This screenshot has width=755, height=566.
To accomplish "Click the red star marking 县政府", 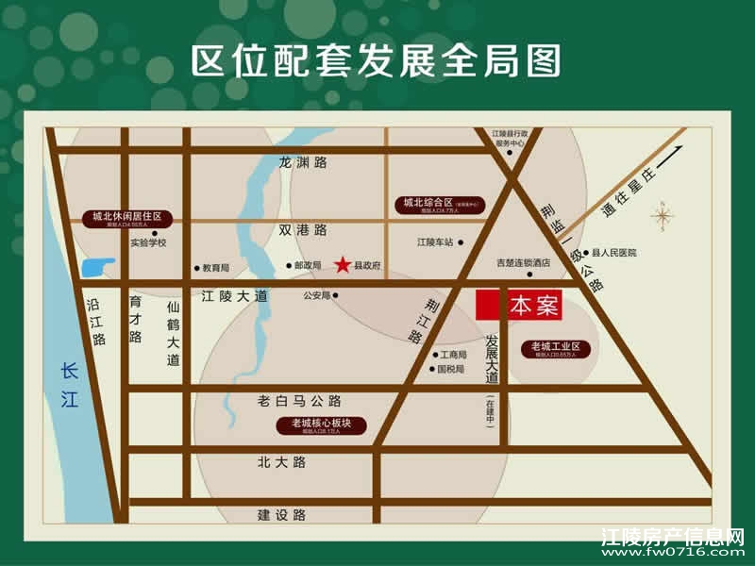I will click(x=342, y=264).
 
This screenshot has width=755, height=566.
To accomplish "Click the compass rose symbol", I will click(x=663, y=217).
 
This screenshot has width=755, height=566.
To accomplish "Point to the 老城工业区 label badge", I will click(x=561, y=349).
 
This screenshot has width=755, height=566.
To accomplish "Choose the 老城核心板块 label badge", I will click(x=321, y=424).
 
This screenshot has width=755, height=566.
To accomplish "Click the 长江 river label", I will click(x=66, y=386).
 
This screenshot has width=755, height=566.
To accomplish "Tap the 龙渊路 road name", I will click(x=303, y=162).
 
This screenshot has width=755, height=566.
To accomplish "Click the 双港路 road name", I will click(x=302, y=229).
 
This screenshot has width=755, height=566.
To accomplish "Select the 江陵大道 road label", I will click(x=235, y=296).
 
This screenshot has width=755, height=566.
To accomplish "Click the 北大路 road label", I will click(x=281, y=462).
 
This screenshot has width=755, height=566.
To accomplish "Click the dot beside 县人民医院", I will click(x=586, y=253).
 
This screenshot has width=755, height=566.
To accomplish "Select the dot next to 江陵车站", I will click(x=462, y=242).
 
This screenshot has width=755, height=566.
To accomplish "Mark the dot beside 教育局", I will click(x=196, y=268).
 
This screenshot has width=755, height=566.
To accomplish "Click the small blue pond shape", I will click(x=98, y=267).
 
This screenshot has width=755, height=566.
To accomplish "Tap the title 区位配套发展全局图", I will click(x=377, y=60).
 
